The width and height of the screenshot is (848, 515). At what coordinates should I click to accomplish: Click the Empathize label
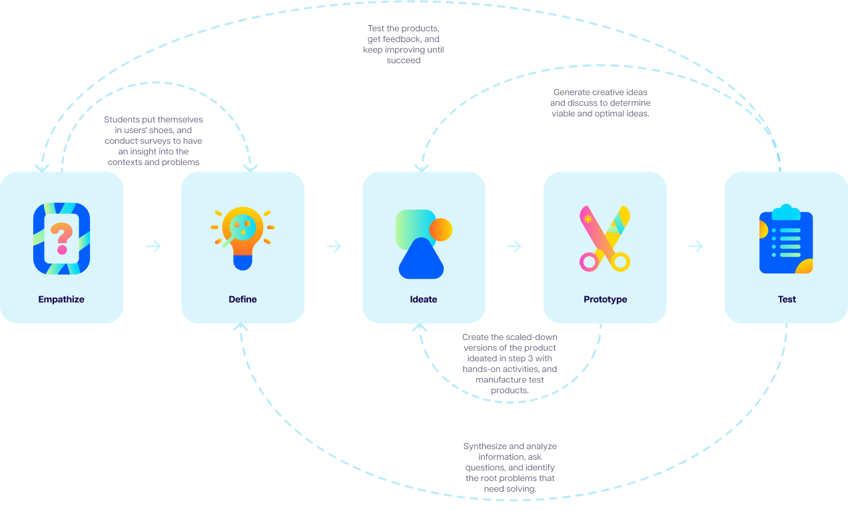tap(61, 299)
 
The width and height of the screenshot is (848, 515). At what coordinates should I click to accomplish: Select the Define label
tap(242, 299)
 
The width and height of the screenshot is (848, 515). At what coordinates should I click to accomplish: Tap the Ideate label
tap(424, 299)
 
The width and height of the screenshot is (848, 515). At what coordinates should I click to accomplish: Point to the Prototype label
tap(606, 299)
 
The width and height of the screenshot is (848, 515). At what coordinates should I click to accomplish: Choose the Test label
tap(787, 299)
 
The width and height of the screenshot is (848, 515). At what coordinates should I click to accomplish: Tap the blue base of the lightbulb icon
tap(242, 262)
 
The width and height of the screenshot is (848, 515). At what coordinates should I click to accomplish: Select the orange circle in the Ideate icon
tap(441, 230)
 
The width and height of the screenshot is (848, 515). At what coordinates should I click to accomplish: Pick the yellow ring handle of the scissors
tap(620, 261)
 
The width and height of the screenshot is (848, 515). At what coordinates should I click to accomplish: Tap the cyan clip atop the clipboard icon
tap(786, 212)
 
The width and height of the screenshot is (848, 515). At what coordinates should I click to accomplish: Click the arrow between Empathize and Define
tap(154, 247)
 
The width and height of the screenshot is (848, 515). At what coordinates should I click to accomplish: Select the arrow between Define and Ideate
tap(334, 247)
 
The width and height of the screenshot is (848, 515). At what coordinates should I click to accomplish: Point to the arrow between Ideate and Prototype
tap(514, 247)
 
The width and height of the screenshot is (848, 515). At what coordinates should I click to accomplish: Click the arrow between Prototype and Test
tap(696, 247)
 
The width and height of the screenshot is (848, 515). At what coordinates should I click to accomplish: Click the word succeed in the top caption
tap(404, 61)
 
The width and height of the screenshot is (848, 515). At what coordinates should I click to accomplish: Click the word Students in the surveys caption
tap(121, 120)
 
